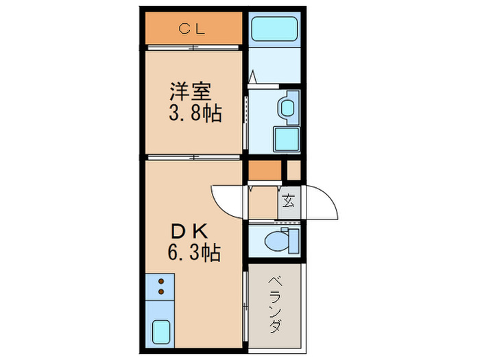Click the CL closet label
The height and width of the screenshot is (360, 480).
click(194, 28)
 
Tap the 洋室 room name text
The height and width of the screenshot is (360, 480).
click(194, 91)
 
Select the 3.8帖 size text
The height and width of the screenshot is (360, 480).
click(194, 113)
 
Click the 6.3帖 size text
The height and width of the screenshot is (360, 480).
click(194, 253)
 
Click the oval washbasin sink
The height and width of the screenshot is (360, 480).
click(287, 108)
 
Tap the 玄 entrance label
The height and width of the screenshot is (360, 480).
click(289, 202)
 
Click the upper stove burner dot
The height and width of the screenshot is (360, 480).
click(162, 280)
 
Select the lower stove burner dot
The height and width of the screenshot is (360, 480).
click(162, 291)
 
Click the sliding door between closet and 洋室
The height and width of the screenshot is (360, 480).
click(194, 47)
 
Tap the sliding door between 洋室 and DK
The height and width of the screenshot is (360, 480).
click(194, 157)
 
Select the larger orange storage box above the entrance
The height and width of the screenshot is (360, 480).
click(264, 169)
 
